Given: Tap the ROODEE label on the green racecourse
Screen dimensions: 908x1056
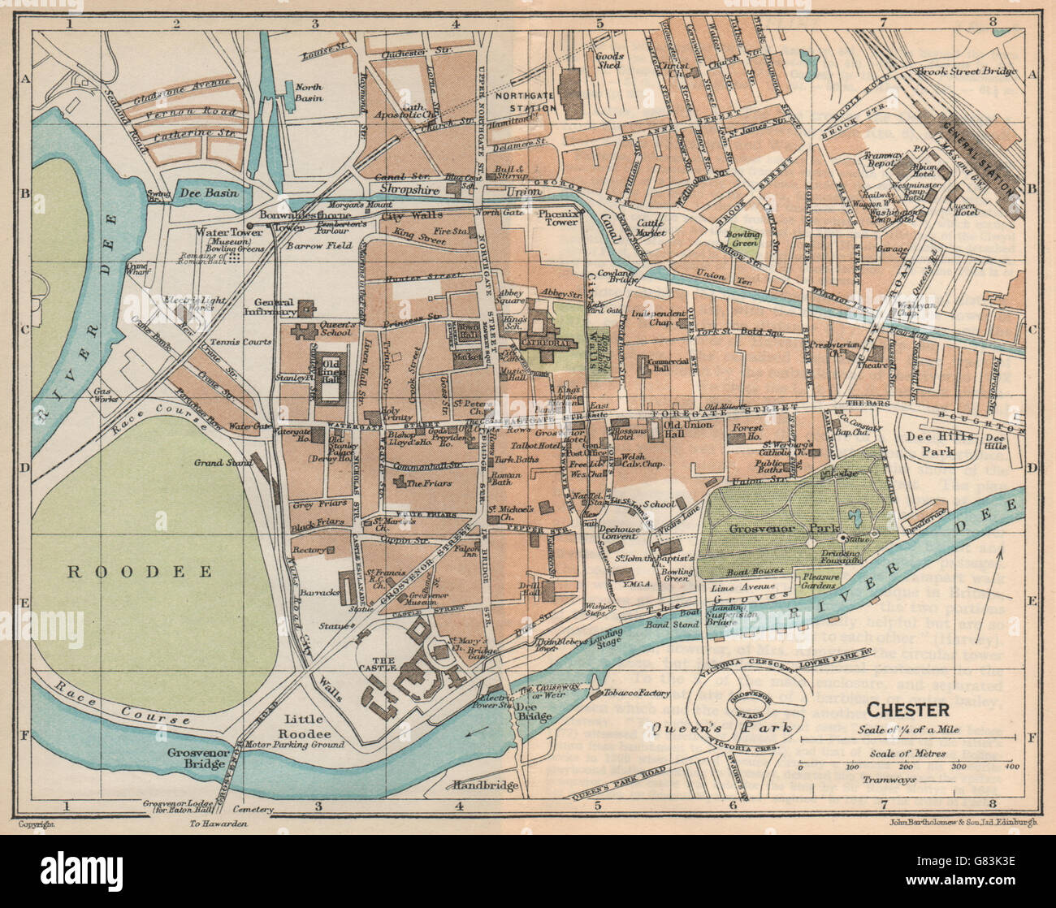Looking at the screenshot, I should tap(139, 572).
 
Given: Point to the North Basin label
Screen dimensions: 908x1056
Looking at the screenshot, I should tap(309, 92).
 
